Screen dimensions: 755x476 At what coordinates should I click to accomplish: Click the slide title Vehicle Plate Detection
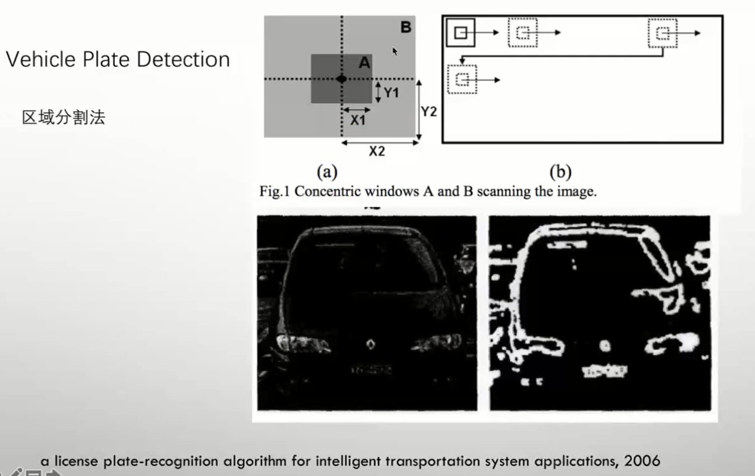tap(117, 59)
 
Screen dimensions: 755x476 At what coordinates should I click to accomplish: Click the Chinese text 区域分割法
tap(63, 117)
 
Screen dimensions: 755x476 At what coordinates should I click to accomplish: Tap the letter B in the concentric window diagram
tap(405, 27)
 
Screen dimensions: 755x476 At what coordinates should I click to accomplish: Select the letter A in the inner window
tap(364, 62)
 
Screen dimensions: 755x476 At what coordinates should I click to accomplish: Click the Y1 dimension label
tap(391, 93)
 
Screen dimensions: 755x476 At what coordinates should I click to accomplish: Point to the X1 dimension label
tap(357, 121)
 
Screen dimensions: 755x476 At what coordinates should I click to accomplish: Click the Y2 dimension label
tap(429, 111)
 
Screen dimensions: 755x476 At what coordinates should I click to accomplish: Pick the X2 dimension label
tap(377, 151)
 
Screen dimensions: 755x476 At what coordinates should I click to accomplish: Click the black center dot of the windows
tap(341, 79)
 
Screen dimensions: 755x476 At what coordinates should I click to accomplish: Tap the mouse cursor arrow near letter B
tap(395, 51)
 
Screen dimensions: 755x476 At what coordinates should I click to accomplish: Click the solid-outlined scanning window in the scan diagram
tap(461, 33)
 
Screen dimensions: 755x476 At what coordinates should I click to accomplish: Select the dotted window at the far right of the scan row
tap(663, 33)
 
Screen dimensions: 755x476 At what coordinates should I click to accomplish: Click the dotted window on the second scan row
tap(463, 79)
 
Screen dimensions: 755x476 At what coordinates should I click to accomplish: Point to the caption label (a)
tap(327, 171)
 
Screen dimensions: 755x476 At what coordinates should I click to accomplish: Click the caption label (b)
tap(560, 171)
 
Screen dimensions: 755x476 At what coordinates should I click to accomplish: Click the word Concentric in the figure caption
tap(326, 191)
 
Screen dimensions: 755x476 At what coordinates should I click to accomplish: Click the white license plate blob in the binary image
tap(604, 370)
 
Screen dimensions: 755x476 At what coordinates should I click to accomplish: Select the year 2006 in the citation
tap(642, 461)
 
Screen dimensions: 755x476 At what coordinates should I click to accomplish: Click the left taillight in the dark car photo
tap(295, 342)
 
